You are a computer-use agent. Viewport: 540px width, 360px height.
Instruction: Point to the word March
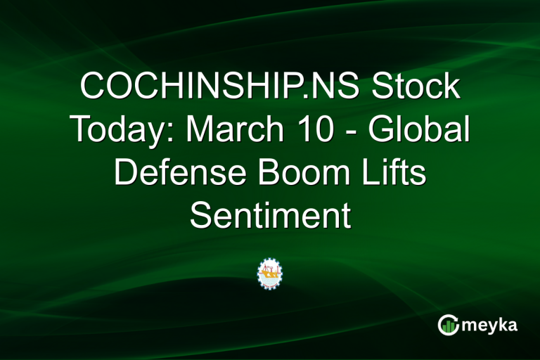(x=224, y=130)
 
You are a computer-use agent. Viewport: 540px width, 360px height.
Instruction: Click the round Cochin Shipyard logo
(x=269, y=273)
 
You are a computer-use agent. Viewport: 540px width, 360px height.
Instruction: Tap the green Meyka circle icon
(x=449, y=325)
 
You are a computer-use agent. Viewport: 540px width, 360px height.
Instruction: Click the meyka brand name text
(x=490, y=326)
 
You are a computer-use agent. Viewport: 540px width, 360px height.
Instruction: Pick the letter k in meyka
(x=503, y=324)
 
